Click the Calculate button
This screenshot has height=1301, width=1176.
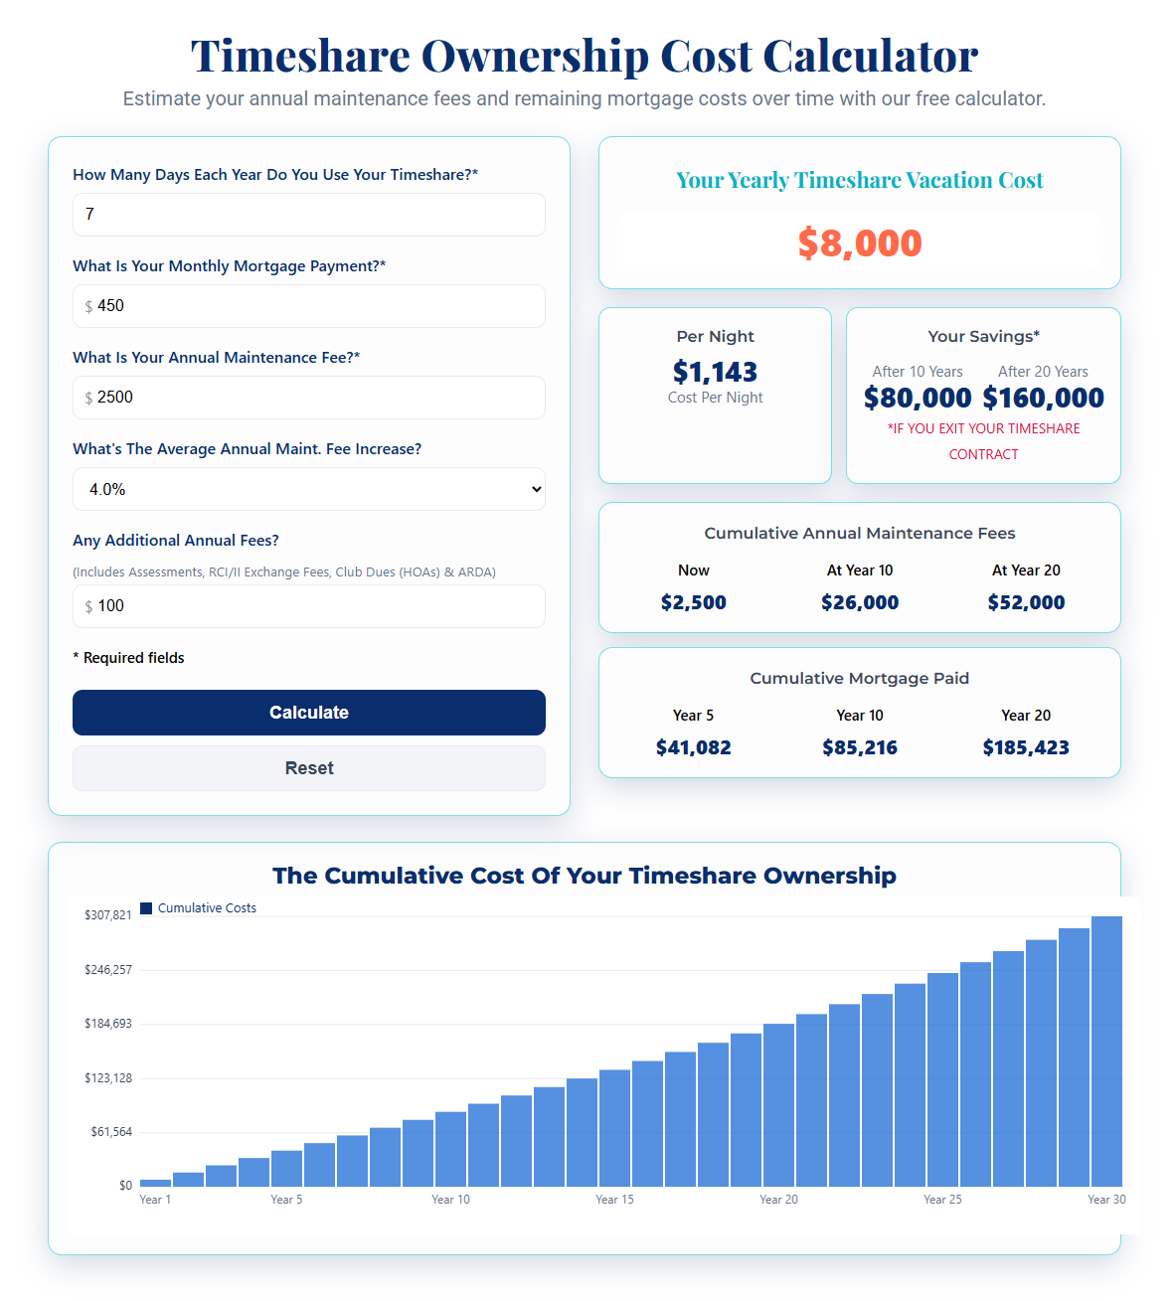pos(308,713)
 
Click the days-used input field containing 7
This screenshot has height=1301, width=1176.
pos(308,215)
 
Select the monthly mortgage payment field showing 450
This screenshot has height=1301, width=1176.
pos(308,306)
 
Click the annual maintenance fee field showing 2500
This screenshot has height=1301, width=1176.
pos(308,398)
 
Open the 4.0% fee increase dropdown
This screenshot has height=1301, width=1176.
pos(308,489)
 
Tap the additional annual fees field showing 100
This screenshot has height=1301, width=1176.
pos(308,606)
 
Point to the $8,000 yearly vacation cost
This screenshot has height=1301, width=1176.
pos(860,244)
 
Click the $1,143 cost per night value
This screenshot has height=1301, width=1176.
pos(715,372)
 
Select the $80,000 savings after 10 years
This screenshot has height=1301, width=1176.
pos(918,398)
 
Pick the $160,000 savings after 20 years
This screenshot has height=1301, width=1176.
pos(1043,398)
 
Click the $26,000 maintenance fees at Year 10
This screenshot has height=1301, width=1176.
pos(860,602)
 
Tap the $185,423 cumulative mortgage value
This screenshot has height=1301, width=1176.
pos(1026,747)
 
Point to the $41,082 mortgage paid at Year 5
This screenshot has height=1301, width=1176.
pos(693,747)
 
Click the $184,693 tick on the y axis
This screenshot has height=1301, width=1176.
pos(108,1024)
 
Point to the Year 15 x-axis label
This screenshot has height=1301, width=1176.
pos(614,1200)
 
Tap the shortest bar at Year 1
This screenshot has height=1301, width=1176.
pos(155,1183)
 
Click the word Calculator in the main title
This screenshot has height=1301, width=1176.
pos(870,56)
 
